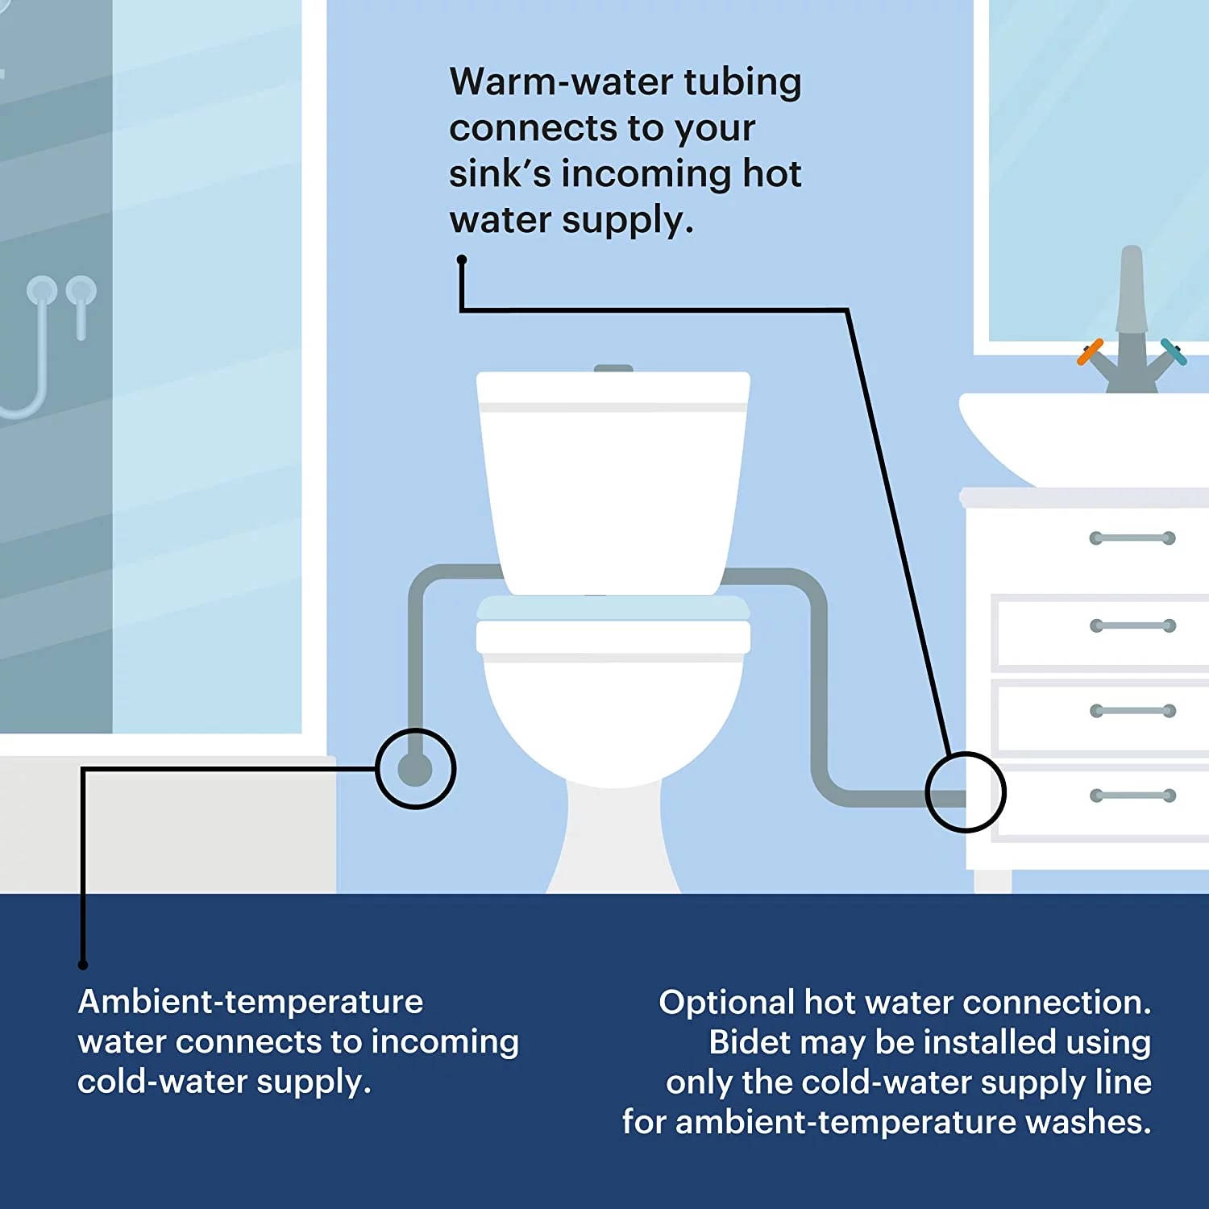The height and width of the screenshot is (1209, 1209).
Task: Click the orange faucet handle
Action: tap(1090, 352)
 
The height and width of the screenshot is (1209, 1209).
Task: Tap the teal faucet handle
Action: tap(1174, 351)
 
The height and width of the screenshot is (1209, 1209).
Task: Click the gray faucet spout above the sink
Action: tap(1132, 290)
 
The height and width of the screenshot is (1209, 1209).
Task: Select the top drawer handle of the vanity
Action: tap(1132, 538)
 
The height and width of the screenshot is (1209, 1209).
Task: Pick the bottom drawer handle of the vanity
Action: tap(1132, 796)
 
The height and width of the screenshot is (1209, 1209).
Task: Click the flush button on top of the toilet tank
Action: tap(613, 368)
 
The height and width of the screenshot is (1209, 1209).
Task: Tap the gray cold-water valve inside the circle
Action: tap(415, 769)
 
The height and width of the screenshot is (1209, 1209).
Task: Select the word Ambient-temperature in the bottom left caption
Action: tap(251, 1002)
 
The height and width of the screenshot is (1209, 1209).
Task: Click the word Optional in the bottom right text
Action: tap(727, 1003)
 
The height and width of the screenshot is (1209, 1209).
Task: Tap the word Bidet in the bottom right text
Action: tap(746, 1042)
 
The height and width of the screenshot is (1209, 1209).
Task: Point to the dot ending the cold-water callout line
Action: tap(83, 964)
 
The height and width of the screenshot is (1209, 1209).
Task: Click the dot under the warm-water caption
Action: tap(462, 260)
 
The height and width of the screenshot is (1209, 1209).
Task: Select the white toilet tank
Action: tap(613, 482)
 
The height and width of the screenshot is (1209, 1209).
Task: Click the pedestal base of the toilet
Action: tap(613, 838)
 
